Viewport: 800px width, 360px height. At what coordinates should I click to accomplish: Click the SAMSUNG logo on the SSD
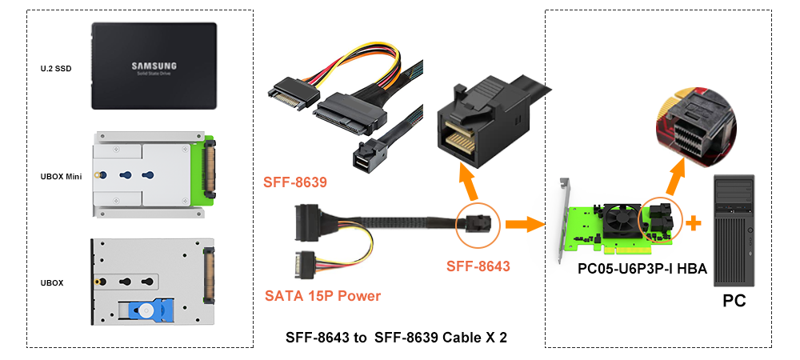pos(154,66)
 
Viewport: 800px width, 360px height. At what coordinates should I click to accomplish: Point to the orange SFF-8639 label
pos(295,182)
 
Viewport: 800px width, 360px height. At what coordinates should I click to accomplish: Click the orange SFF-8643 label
pos(478,266)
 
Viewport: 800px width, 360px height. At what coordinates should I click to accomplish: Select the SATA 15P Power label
pos(322,295)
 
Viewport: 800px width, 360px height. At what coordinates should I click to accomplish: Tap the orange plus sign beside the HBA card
pos(693,223)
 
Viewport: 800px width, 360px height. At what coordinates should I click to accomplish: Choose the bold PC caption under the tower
pos(734,301)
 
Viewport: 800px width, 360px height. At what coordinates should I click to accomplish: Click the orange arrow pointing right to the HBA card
pos(523,224)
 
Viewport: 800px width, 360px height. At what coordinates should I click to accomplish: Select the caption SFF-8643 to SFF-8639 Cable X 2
pos(396,338)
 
